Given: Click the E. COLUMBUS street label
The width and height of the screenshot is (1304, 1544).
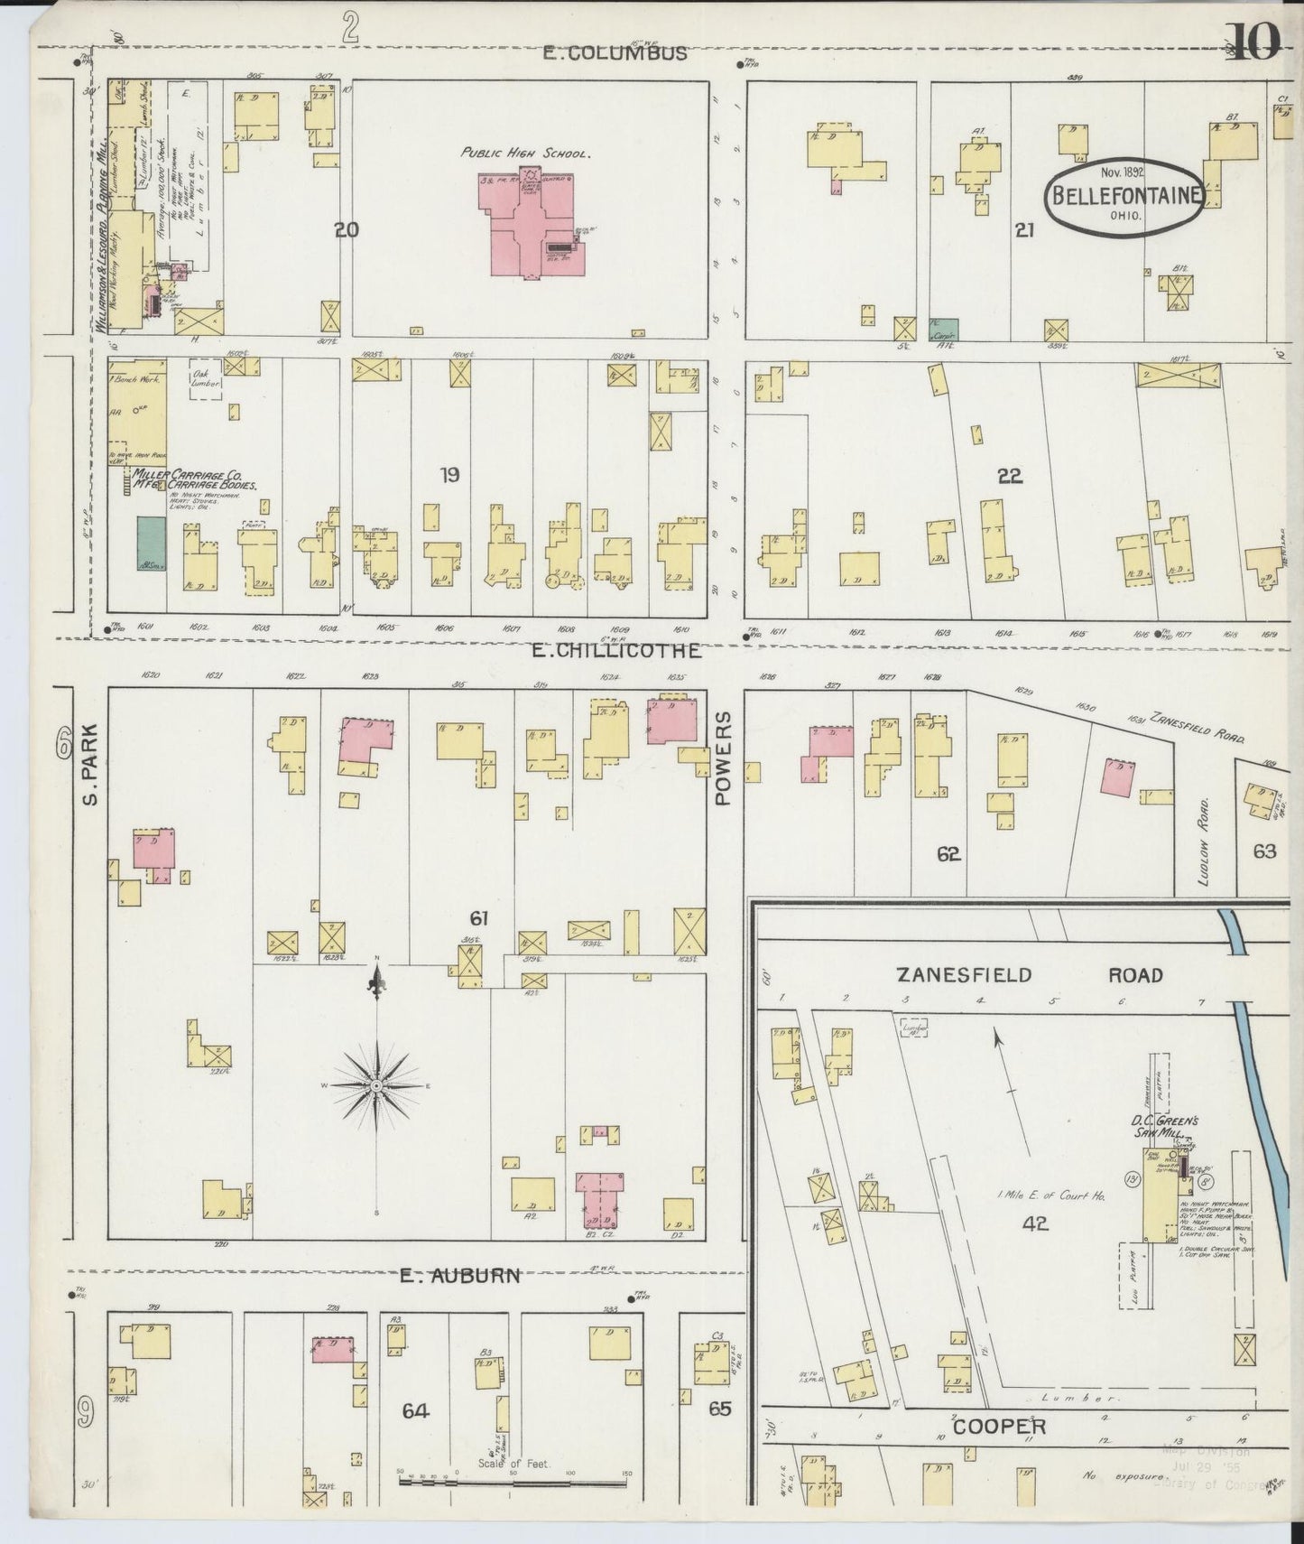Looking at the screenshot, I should point(615,53).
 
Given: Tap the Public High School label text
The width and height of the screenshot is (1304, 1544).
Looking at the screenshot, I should point(526,153).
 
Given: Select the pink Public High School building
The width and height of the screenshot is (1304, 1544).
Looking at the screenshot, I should point(528,226).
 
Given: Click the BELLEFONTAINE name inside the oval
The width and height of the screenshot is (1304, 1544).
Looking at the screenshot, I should point(1124,195).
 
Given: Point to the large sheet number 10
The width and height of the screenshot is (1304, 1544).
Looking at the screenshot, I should point(1254,42).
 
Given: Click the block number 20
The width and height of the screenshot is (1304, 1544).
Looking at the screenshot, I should point(346,230).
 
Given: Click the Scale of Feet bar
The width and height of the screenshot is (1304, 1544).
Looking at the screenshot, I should point(513,1477).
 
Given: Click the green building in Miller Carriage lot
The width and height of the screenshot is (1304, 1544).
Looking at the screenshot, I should point(151,544).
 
